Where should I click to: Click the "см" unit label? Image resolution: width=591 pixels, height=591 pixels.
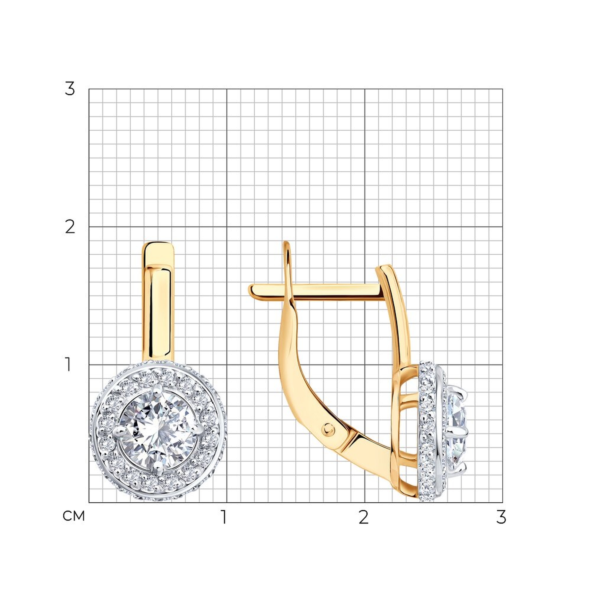coord(73,516)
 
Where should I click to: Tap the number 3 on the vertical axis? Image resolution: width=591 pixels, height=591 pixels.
coord(69,89)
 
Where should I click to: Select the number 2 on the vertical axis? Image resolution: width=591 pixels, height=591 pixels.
coord(70,227)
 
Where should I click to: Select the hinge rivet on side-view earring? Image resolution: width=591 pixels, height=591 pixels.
coord(328,430)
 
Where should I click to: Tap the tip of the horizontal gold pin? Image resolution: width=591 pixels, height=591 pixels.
coord(250,290)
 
